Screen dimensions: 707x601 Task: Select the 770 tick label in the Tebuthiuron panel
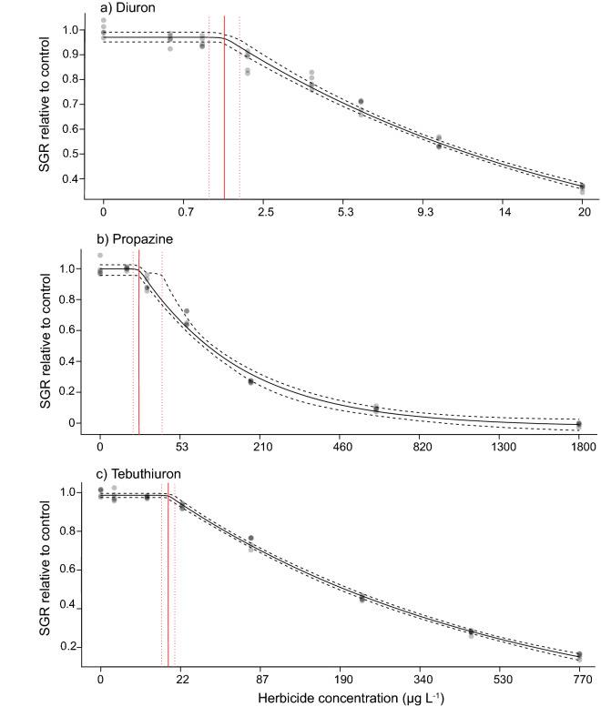tap(584, 679)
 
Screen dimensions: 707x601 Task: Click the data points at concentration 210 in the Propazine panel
tap(250, 381)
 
